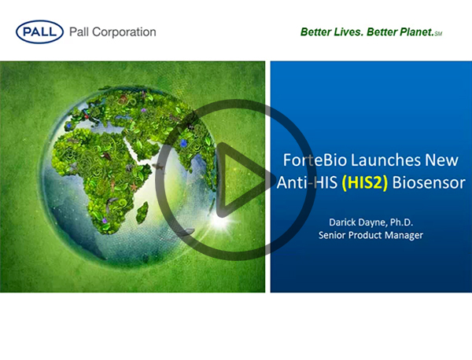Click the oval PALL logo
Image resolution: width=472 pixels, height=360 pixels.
coord(39,32)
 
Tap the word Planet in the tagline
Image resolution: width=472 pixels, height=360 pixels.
coord(416,32)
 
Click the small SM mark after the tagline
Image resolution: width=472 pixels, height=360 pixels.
coord(438,34)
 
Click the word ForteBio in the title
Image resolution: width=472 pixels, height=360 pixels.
coord(315,160)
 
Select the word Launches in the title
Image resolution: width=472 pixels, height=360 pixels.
coord(386,160)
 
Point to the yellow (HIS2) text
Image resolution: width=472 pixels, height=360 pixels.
coord(364,182)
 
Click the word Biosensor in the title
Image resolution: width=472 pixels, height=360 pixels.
coord(429,182)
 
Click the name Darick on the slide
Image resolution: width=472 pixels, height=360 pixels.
coord(342,222)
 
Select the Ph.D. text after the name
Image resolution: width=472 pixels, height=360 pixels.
coord(401,222)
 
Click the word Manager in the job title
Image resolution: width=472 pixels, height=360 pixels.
coord(404,235)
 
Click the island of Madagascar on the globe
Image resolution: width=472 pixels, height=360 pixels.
coord(142,212)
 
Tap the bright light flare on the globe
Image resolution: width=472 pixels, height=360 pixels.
coord(222,220)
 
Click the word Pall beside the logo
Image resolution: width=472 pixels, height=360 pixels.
coord(79,32)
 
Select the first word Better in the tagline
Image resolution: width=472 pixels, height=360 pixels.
coord(315,32)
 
